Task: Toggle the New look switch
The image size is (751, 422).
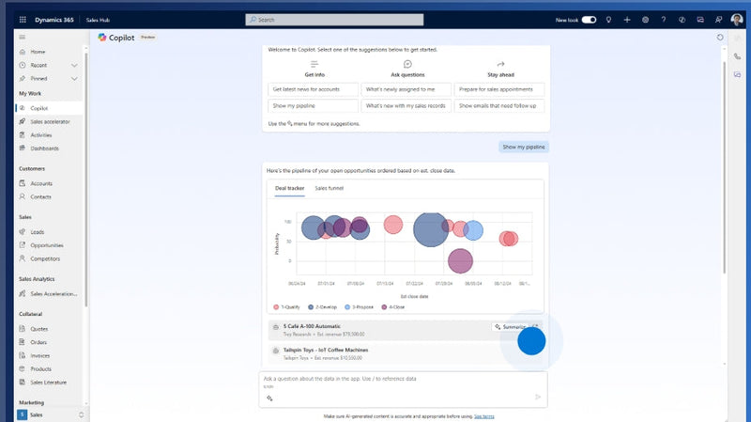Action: [589, 19]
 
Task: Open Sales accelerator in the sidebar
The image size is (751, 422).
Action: [50, 121]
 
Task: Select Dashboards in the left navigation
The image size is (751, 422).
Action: [44, 148]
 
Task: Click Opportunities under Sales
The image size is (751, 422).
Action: [47, 244]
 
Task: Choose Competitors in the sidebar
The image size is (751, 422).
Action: [45, 258]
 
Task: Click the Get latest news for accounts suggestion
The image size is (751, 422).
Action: [313, 89]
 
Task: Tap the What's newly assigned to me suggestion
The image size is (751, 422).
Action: [406, 89]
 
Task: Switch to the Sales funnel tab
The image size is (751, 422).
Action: [329, 188]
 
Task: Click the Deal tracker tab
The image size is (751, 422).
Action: [289, 188]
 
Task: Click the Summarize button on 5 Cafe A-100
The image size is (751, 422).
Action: [513, 327]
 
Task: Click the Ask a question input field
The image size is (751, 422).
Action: [394, 379]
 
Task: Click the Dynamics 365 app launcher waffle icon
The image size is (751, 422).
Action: [23, 19]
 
